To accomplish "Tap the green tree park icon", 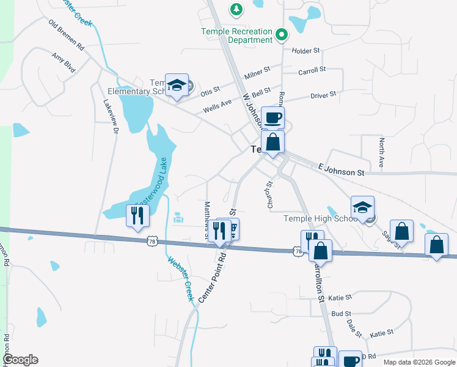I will (236, 9).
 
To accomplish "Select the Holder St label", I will (306, 51).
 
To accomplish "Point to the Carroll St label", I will (312, 72).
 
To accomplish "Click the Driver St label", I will (323, 95).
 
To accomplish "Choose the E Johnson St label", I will (340, 169).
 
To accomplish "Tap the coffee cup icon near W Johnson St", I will (272, 116).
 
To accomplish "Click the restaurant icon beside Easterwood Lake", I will (137, 215).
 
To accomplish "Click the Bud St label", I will (341, 313).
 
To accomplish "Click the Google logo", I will (21, 360).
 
